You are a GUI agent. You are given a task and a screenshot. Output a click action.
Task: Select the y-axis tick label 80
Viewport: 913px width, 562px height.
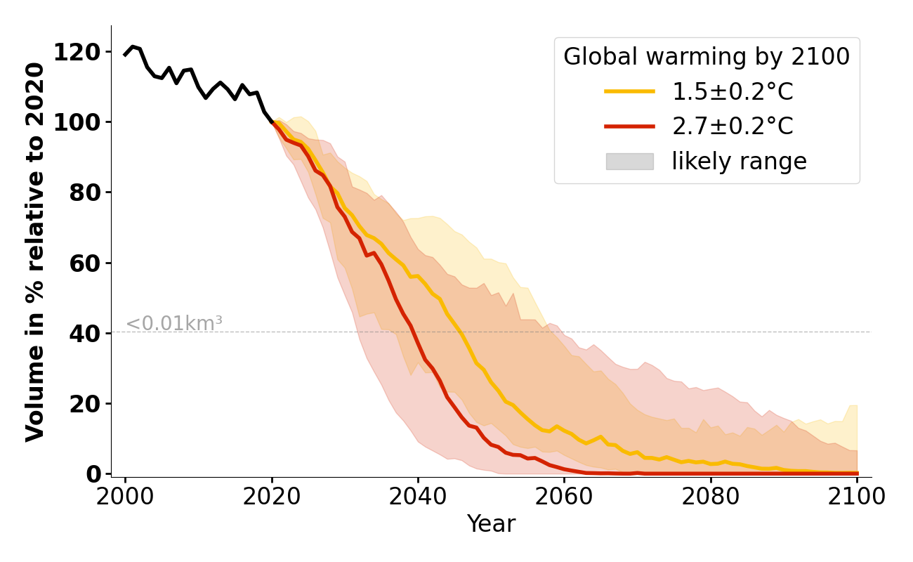pyautogui.click(x=85, y=192)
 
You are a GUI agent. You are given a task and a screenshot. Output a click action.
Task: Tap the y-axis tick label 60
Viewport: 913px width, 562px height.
pyautogui.click(x=85, y=263)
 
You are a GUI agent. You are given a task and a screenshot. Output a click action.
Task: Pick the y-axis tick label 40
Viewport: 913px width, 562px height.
pyautogui.click(x=85, y=334)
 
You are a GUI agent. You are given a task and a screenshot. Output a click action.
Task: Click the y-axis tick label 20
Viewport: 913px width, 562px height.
pyautogui.click(x=85, y=404)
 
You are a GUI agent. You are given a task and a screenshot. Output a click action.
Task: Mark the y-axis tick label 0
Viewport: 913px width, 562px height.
pyautogui.click(x=94, y=474)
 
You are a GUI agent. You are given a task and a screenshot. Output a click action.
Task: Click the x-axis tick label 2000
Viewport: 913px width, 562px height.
pyautogui.click(x=126, y=496)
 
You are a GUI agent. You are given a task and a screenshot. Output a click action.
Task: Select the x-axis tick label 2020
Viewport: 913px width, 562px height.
pyautogui.click(x=272, y=496)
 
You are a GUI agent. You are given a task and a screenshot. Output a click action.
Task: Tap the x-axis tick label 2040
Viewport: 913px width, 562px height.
pyautogui.click(x=418, y=496)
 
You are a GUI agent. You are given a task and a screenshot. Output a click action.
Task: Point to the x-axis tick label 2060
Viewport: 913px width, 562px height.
pyautogui.click(x=564, y=496)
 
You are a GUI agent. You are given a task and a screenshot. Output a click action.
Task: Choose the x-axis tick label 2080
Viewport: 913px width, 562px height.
pyautogui.click(x=711, y=496)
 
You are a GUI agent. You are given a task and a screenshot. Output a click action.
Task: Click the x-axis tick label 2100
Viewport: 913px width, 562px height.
pyautogui.click(x=857, y=496)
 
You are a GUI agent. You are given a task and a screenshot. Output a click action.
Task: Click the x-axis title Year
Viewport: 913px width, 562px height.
pyautogui.click(x=491, y=524)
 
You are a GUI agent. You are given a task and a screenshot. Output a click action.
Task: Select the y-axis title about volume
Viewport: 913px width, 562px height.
pyautogui.click(x=36, y=251)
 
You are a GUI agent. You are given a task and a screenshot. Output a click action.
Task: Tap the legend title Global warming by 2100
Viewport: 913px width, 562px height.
pyautogui.click(x=707, y=57)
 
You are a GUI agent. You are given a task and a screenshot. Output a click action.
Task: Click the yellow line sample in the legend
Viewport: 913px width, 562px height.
pyautogui.click(x=629, y=91)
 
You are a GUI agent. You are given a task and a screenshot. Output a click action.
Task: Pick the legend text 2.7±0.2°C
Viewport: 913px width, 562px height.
pyautogui.click(x=733, y=126)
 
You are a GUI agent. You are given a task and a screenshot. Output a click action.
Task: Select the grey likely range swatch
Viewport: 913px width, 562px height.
pyautogui.click(x=629, y=162)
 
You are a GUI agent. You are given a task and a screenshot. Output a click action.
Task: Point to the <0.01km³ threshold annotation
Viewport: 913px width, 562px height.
pyautogui.click(x=174, y=324)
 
